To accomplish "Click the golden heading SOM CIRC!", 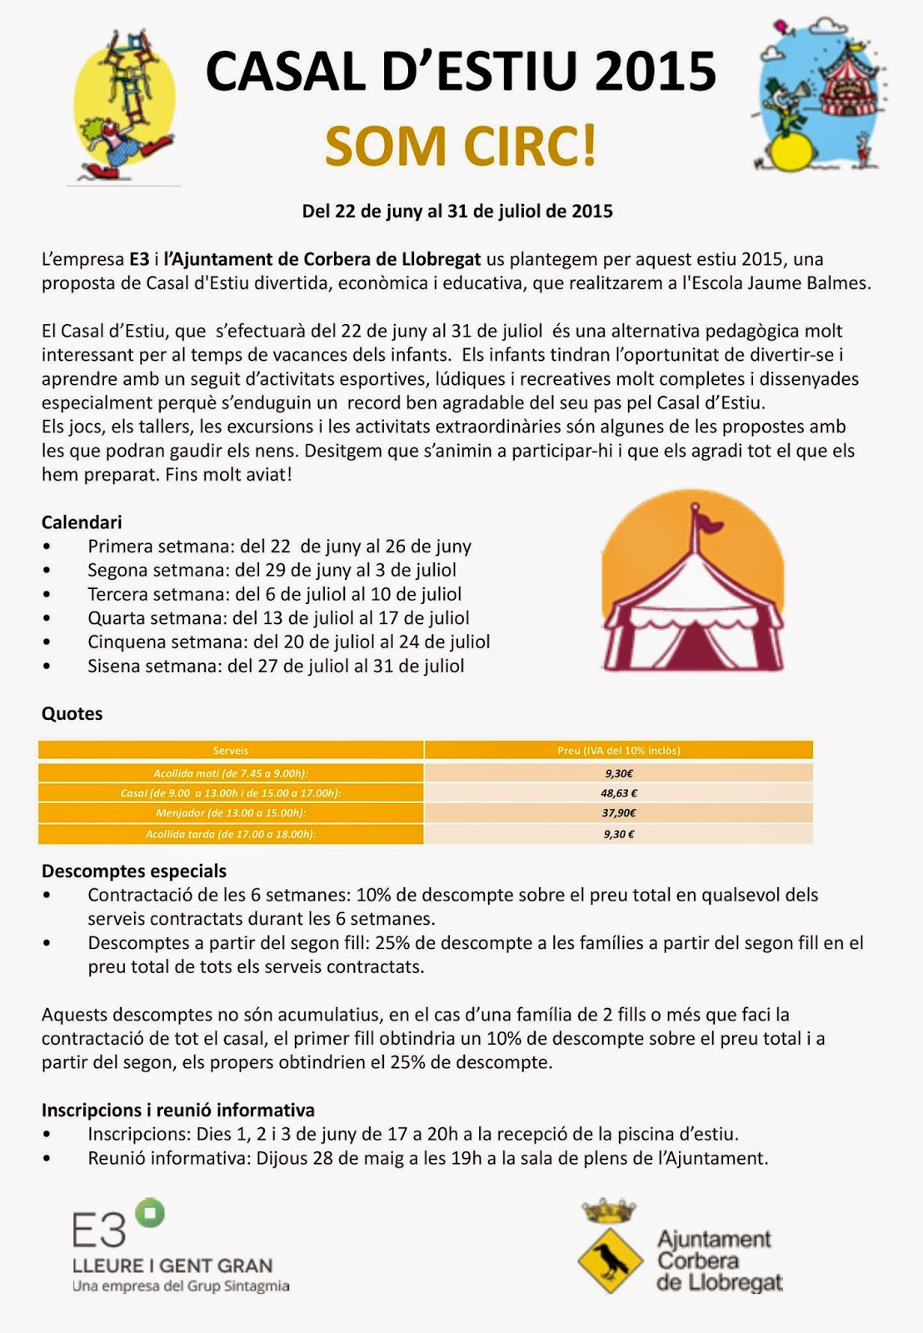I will (x=461, y=146).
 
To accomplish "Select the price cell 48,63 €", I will (x=618, y=793).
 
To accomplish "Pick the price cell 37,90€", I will (x=618, y=813).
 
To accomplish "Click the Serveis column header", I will (x=231, y=751).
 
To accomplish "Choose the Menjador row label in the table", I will (x=231, y=813).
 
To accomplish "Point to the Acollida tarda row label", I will (x=231, y=834).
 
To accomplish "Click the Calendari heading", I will (x=82, y=522).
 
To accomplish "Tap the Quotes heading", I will (x=72, y=714).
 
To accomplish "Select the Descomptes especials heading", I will (x=134, y=871).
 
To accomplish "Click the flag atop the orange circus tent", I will (x=706, y=523).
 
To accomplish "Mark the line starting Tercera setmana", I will (x=274, y=595).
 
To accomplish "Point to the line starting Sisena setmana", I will (x=276, y=666).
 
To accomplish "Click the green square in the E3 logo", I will (x=150, y=1213).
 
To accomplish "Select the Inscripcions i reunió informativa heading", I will (x=178, y=1111).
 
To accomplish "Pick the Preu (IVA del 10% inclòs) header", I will (x=618, y=751).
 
